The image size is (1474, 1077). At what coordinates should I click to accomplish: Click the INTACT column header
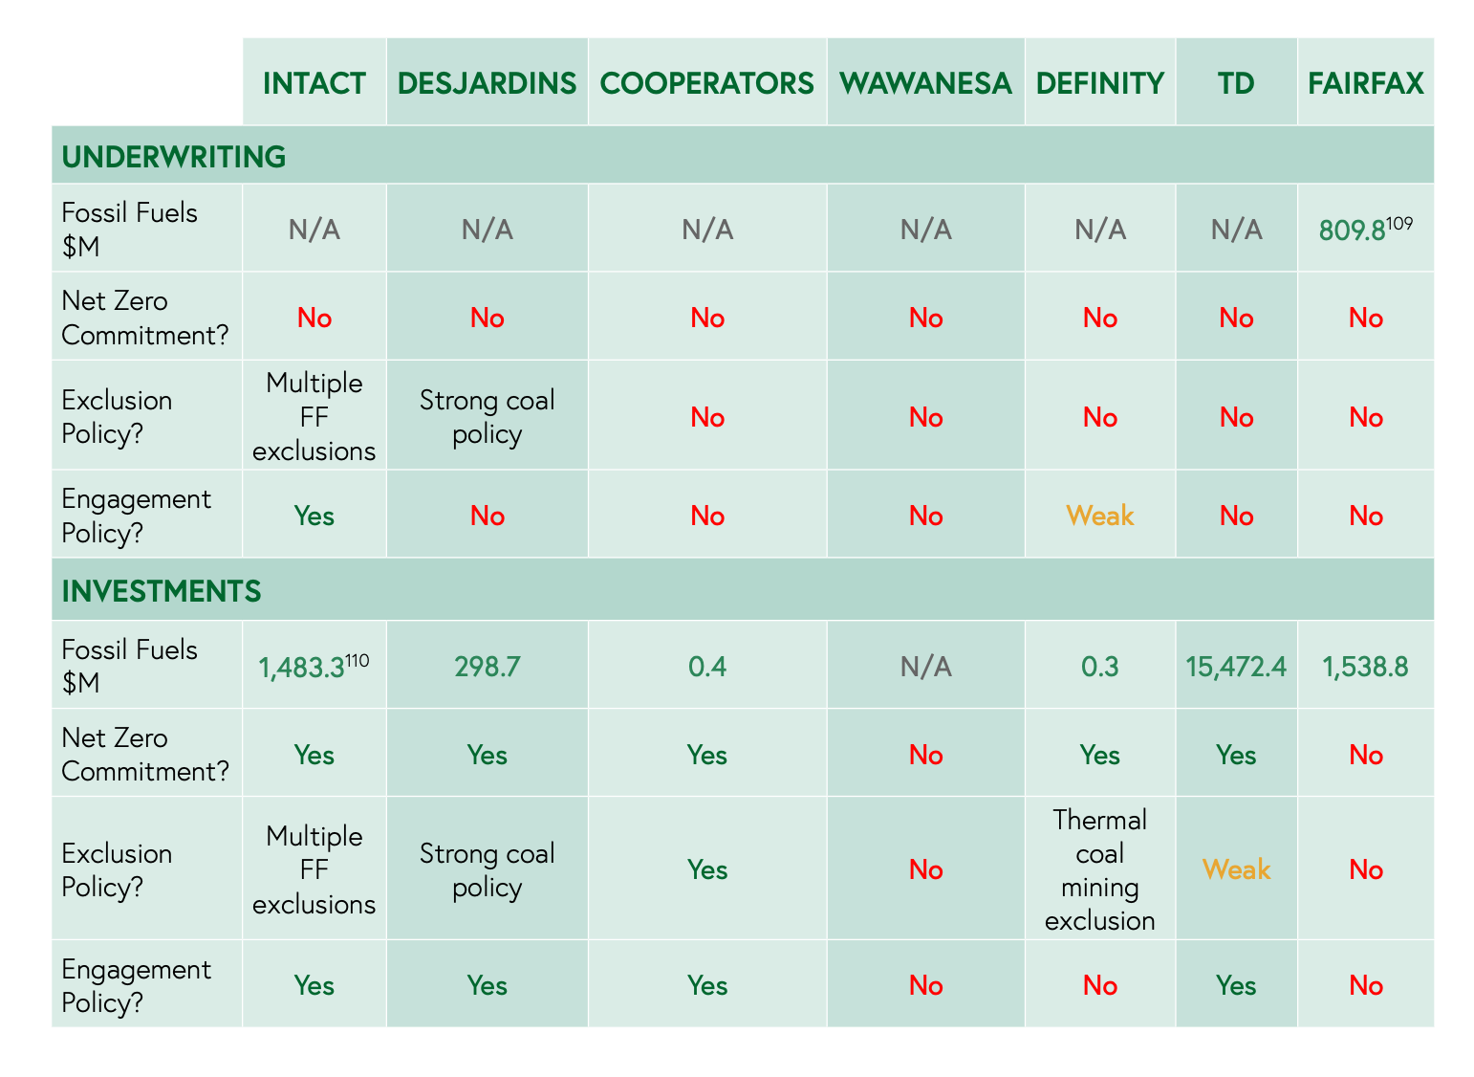pos(314,83)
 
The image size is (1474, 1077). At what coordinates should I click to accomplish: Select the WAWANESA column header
pos(925,83)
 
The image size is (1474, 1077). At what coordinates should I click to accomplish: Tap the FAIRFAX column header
pos(1365,83)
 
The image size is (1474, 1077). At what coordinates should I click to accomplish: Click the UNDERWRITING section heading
pos(174,156)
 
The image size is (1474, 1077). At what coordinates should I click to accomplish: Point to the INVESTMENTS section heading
pos(162,591)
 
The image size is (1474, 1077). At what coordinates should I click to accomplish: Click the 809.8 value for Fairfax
pos(1352,231)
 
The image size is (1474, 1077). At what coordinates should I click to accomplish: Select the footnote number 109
pos(1399,223)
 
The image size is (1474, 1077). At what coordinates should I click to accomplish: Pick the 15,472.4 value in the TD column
pos(1236,666)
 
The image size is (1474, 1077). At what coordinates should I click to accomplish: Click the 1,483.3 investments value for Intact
pos(301,668)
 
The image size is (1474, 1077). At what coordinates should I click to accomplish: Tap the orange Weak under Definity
pos(1099,516)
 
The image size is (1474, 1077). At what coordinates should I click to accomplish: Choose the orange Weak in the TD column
pos(1236,869)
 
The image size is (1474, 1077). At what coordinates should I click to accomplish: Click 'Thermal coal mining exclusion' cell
pos(1099,869)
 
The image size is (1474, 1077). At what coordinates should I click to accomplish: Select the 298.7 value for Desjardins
pos(487,666)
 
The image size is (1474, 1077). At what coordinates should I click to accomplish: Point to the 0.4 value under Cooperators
pos(707,666)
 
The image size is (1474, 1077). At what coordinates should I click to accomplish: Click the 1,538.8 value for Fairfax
pos(1365,666)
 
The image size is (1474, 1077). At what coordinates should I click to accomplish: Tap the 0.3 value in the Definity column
pos(1099,666)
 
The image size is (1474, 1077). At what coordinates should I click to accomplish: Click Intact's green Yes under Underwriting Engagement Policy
pos(314,516)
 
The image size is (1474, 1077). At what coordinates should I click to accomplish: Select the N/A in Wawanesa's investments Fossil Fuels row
pos(925,666)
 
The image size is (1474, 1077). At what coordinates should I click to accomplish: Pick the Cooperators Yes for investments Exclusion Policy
pos(707,869)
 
